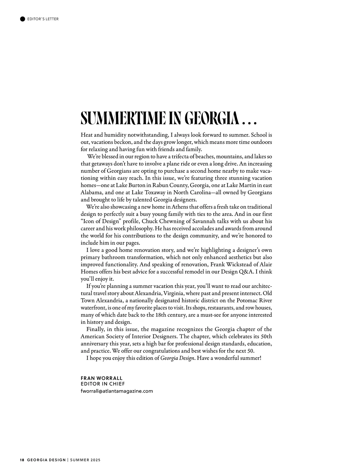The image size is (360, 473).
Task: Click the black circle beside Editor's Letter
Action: coord(22,19)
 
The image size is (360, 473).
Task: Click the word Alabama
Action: coord(91,192)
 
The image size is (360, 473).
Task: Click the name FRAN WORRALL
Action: coord(101,378)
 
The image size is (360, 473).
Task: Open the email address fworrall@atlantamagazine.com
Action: coord(117,391)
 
